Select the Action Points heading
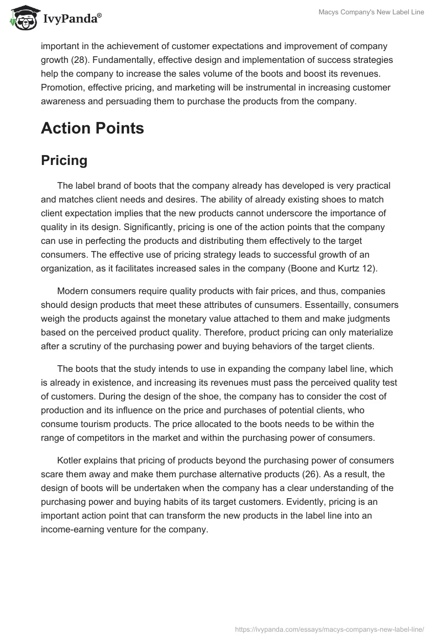tap(92, 128)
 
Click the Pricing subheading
tap(64, 160)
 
